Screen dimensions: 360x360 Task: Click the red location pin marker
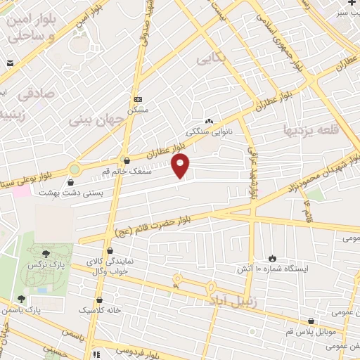click(x=181, y=166)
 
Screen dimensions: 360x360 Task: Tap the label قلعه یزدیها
click(x=309, y=130)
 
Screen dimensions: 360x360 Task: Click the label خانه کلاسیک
click(x=100, y=309)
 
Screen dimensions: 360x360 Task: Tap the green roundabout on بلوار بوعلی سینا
click(x=74, y=169)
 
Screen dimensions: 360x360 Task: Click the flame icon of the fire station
click(x=274, y=258)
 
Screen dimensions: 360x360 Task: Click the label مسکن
click(x=137, y=110)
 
